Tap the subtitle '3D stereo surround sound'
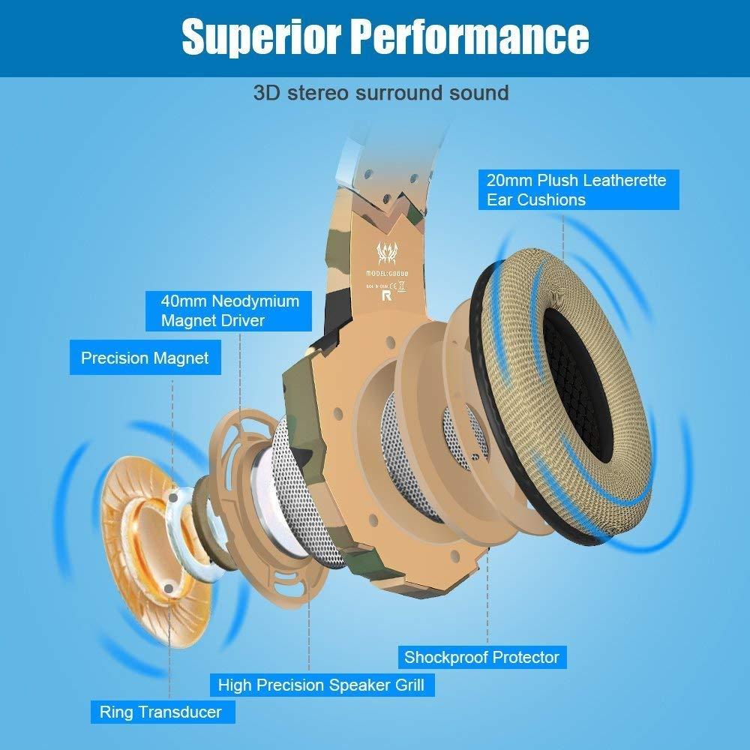point(381,93)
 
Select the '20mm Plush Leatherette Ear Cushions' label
point(577,190)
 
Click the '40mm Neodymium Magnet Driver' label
point(230,310)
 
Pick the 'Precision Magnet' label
point(145,358)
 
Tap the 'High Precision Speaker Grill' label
point(321,685)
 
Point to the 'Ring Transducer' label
point(160,712)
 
